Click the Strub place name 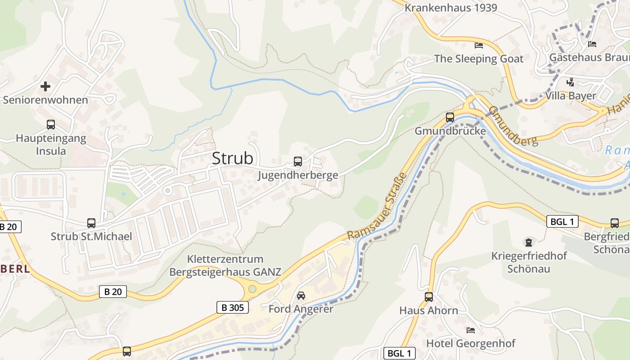(232, 158)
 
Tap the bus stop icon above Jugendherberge (297, 162)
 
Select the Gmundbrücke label (450, 131)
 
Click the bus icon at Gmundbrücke (450, 117)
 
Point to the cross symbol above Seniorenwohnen (45, 86)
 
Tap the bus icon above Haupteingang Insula (51, 125)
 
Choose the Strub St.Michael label (91, 236)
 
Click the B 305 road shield (233, 307)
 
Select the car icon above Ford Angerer (301, 296)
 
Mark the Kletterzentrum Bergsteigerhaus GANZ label (225, 265)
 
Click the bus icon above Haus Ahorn (429, 297)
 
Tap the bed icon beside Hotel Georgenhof (471, 330)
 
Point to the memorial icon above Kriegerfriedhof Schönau (528, 243)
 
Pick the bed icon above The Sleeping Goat (479, 45)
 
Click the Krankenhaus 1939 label (451, 8)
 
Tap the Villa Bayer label (570, 95)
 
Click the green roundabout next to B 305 (252, 288)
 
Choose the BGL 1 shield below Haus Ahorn (399, 353)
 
